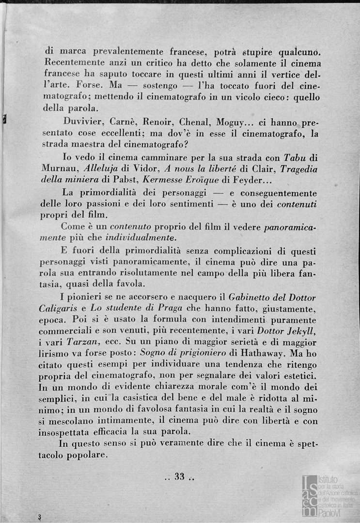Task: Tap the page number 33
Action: pos(180,477)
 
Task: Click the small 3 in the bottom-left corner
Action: pos(40,517)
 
